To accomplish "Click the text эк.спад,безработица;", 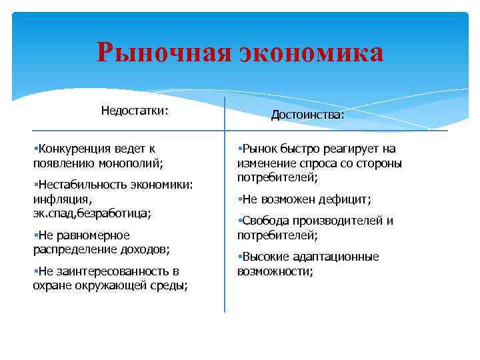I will click(x=91, y=213).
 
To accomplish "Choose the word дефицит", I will click(x=345, y=199).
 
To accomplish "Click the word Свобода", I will click(x=267, y=221).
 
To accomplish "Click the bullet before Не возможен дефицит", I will click(x=240, y=199).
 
